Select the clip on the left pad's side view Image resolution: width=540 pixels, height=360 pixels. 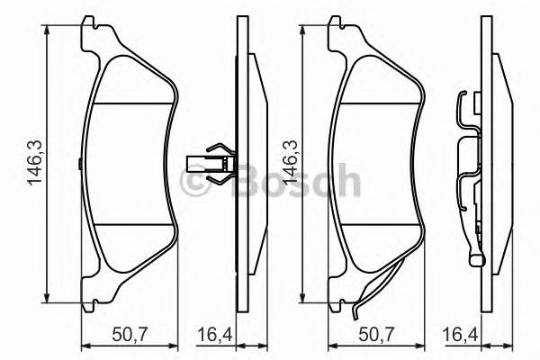click(x=216, y=164)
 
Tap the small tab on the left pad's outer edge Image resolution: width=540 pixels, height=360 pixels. click(x=80, y=164)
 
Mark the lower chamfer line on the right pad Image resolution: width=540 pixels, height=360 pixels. click(x=378, y=224)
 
